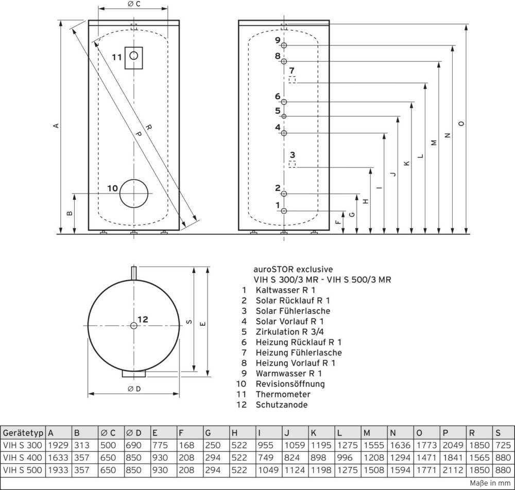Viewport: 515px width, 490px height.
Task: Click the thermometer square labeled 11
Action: (134, 57)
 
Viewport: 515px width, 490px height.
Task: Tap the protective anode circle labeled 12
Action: (134, 325)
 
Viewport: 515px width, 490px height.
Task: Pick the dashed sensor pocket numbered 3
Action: (292, 164)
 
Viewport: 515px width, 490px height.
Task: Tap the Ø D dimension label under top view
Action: (134, 389)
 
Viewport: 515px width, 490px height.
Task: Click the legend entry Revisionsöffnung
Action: (290, 384)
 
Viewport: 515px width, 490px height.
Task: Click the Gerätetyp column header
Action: (23, 433)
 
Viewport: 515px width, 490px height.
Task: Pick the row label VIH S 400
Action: (23, 457)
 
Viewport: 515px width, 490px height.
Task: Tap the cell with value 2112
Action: (453, 469)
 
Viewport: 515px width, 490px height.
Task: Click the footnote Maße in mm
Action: (492, 483)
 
